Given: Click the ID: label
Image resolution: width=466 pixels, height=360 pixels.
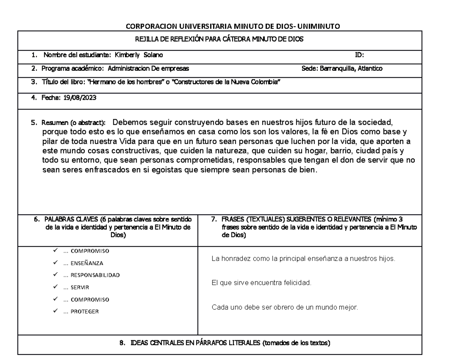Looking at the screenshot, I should [360, 55].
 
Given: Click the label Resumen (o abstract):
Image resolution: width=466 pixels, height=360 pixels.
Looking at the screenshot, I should [74, 122].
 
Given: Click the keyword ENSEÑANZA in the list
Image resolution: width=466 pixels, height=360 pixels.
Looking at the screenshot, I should [87, 263].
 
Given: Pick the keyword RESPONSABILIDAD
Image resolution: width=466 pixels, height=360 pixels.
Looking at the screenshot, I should [95, 275].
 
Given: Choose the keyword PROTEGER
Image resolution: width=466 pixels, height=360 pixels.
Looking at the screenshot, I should [85, 311].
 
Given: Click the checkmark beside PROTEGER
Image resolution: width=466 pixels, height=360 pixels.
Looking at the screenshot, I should [56, 311].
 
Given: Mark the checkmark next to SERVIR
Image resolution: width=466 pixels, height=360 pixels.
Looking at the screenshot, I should [56, 287].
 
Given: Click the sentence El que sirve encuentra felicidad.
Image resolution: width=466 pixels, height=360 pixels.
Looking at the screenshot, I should [261, 283].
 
